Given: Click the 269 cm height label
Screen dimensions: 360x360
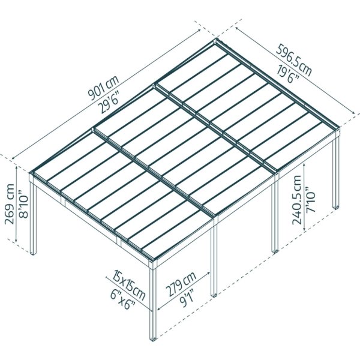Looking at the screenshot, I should [10, 208].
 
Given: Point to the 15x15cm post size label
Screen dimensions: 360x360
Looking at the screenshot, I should [127, 285].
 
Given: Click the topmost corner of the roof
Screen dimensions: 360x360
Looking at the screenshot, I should [217, 41].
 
